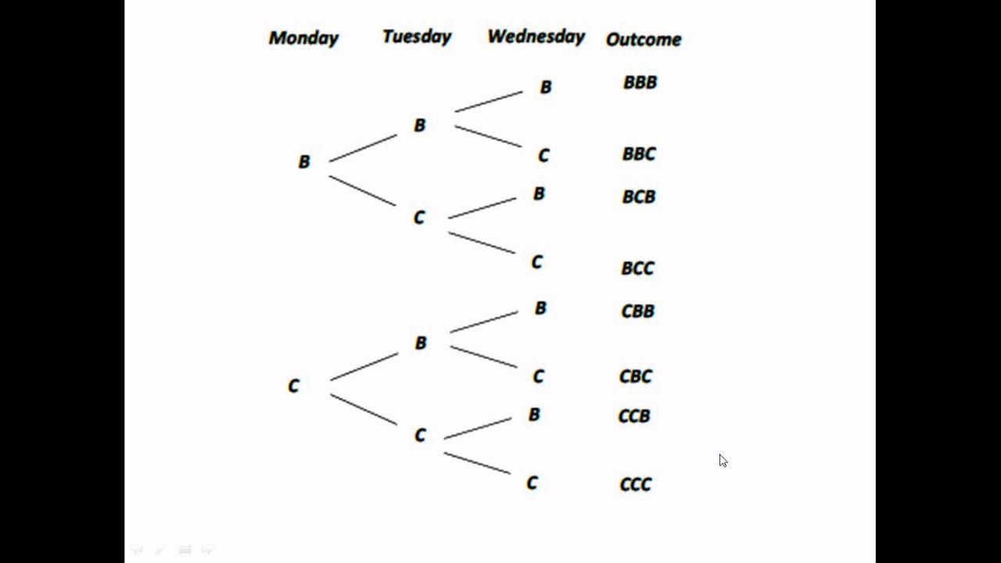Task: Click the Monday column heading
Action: pos(303,38)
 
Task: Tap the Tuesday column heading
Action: pos(417,37)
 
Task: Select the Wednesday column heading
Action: pos(536,37)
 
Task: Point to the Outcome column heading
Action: pos(643,39)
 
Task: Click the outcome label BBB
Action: pos(640,82)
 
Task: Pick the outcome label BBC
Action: pos(639,154)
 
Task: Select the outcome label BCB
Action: pos(638,196)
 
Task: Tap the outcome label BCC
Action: pos(637,268)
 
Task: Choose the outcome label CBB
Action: pos(637,311)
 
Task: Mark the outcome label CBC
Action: pos(635,376)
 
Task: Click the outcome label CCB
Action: pos(634,416)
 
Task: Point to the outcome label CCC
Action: pos(635,485)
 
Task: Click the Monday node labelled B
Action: pos(304,162)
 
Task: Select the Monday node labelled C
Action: pos(293,385)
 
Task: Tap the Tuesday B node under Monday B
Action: pos(420,125)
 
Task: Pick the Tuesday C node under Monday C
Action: pos(420,436)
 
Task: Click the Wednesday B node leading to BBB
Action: pos(546,87)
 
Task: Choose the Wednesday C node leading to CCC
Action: pos(532,483)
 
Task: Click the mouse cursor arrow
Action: pos(723,461)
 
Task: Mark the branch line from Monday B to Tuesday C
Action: pos(362,191)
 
